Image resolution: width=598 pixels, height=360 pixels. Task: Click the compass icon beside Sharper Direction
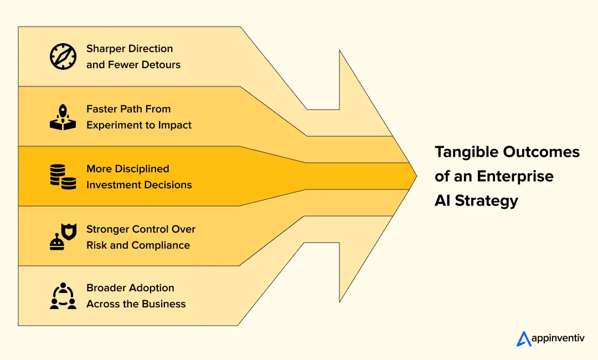[63, 56]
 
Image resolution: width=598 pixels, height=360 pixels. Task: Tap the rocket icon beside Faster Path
[63, 117]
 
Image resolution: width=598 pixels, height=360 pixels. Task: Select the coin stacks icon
[63, 177]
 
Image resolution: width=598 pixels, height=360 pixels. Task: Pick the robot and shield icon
[63, 237]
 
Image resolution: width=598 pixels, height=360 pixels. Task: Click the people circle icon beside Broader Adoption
[63, 296]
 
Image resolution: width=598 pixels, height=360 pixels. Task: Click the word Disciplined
[142, 169]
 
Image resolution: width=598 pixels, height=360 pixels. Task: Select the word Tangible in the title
[466, 152]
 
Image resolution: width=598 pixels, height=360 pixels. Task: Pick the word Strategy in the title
[487, 200]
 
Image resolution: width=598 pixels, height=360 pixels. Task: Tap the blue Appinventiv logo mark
[524, 338]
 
